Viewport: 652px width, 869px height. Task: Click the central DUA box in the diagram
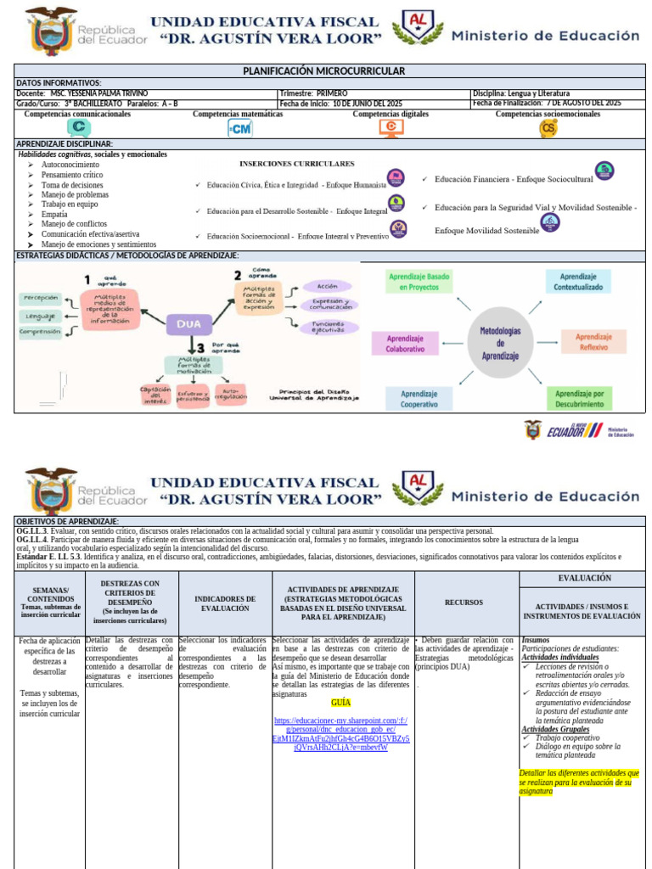coord(188,323)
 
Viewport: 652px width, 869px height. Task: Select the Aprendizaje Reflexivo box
coord(594,342)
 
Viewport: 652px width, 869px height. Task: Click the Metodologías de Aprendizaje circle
coord(500,342)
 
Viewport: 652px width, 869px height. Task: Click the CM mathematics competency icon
coord(240,128)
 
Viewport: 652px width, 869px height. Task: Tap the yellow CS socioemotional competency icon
coord(548,128)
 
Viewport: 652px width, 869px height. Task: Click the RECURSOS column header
coord(464,603)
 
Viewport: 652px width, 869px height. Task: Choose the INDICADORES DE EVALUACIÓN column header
coord(225,603)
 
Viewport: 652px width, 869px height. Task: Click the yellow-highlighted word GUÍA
coord(340,703)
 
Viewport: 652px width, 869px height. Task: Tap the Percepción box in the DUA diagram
coord(41,298)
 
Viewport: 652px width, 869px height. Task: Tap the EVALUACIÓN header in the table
coord(584,578)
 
